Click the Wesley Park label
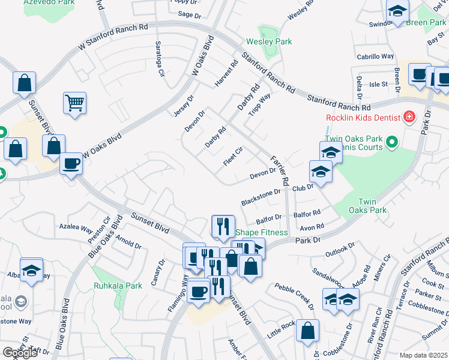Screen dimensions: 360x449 pos(269,42)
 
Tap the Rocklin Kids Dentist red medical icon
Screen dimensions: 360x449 pos(409,116)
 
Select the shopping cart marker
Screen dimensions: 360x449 pos(75,103)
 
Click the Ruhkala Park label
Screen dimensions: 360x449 pos(118,286)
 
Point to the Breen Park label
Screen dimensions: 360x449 pos(426,23)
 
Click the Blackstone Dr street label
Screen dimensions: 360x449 pos(261,196)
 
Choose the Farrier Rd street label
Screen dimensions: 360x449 pos(280,169)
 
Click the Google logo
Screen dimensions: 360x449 pos(20,353)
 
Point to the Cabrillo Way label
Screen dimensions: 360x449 pos(375,56)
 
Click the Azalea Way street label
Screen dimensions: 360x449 pos(76,229)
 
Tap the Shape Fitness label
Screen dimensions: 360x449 pos(262,232)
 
